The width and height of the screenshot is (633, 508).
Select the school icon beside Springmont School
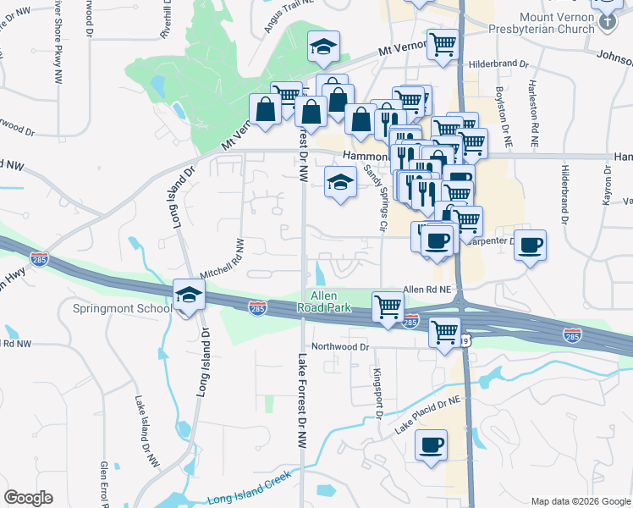(190, 295)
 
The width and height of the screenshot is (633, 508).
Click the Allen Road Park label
(330, 302)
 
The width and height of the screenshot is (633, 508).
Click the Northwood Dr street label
(341, 346)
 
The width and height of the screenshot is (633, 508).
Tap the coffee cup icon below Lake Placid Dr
(432, 444)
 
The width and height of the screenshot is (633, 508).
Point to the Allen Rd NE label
(429, 289)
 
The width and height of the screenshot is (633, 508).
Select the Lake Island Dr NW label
(146, 431)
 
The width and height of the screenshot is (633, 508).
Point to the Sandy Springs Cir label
(376, 199)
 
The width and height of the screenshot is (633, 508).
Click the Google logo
(28, 498)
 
